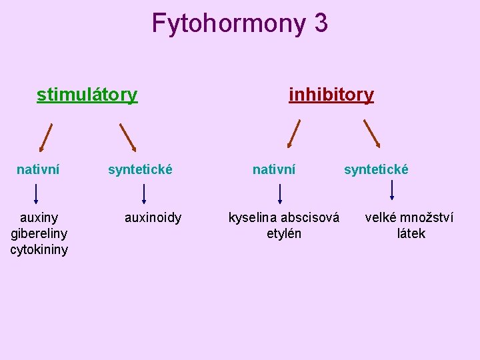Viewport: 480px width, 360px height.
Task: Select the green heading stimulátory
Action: click(x=87, y=95)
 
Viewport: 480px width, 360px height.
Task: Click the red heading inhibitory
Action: click(x=331, y=95)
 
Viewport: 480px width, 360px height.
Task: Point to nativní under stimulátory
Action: click(x=38, y=170)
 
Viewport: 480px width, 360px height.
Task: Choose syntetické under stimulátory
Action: click(x=140, y=170)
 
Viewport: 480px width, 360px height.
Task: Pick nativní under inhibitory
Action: click(x=274, y=170)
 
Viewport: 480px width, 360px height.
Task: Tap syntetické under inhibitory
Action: click(x=376, y=170)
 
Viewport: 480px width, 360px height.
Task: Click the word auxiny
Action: click(x=39, y=217)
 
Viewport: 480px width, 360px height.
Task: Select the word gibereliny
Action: click(x=39, y=233)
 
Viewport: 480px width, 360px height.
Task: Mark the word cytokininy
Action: click(x=39, y=250)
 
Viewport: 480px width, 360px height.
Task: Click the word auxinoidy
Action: click(x=153, y=217)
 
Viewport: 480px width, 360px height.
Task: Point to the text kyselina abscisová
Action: click(x=284, y=217)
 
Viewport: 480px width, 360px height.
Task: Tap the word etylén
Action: click(x=284, y=233)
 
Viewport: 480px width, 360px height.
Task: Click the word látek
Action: click(x=411, y=233)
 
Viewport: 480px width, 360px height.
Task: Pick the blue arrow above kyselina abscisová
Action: click(x=280, y=193)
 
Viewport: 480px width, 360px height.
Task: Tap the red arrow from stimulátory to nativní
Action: click(x=45, y=137)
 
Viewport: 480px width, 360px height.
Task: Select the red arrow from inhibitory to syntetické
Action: click(x=372, y=133)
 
